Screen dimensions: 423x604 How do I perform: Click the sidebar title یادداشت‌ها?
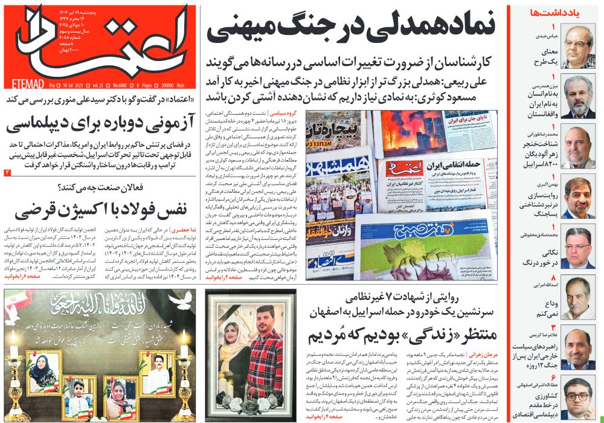[x=550, y=12]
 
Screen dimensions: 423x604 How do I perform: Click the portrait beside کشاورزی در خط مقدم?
[x=577, y=396]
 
